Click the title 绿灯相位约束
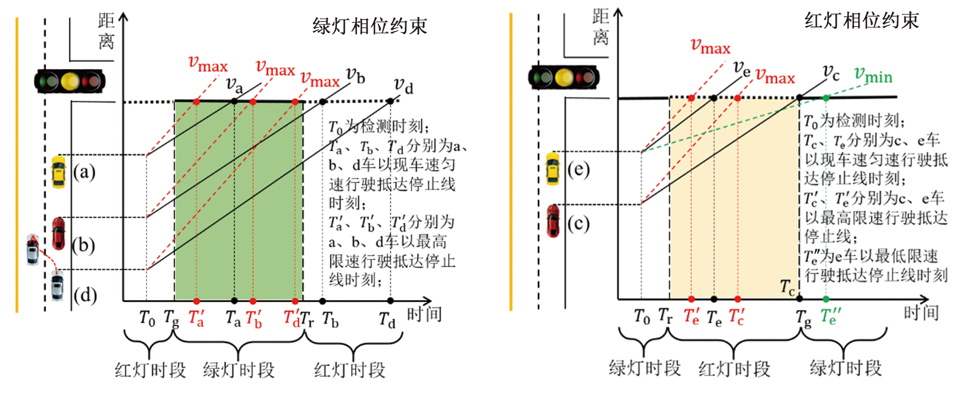[369, 26]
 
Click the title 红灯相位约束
[861, 21]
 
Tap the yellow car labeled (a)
[58, 172]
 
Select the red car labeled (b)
[58, 233]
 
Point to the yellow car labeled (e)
[552, 168]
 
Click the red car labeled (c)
[553, 221]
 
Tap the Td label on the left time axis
[388, 320]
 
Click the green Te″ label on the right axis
[830, 316]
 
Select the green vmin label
[873, 75]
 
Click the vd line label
[404, 86]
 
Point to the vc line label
[831, 73]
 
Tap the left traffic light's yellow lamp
[70, 81]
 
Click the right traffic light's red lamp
[586, 77]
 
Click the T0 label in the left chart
[147, 317]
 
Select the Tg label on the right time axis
[804, 318]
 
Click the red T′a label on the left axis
[196, 318]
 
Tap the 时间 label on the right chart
[921, 313]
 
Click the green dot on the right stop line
[826, 98]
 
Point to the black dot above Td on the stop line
[390, 101]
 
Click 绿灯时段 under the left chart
[239, 370]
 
